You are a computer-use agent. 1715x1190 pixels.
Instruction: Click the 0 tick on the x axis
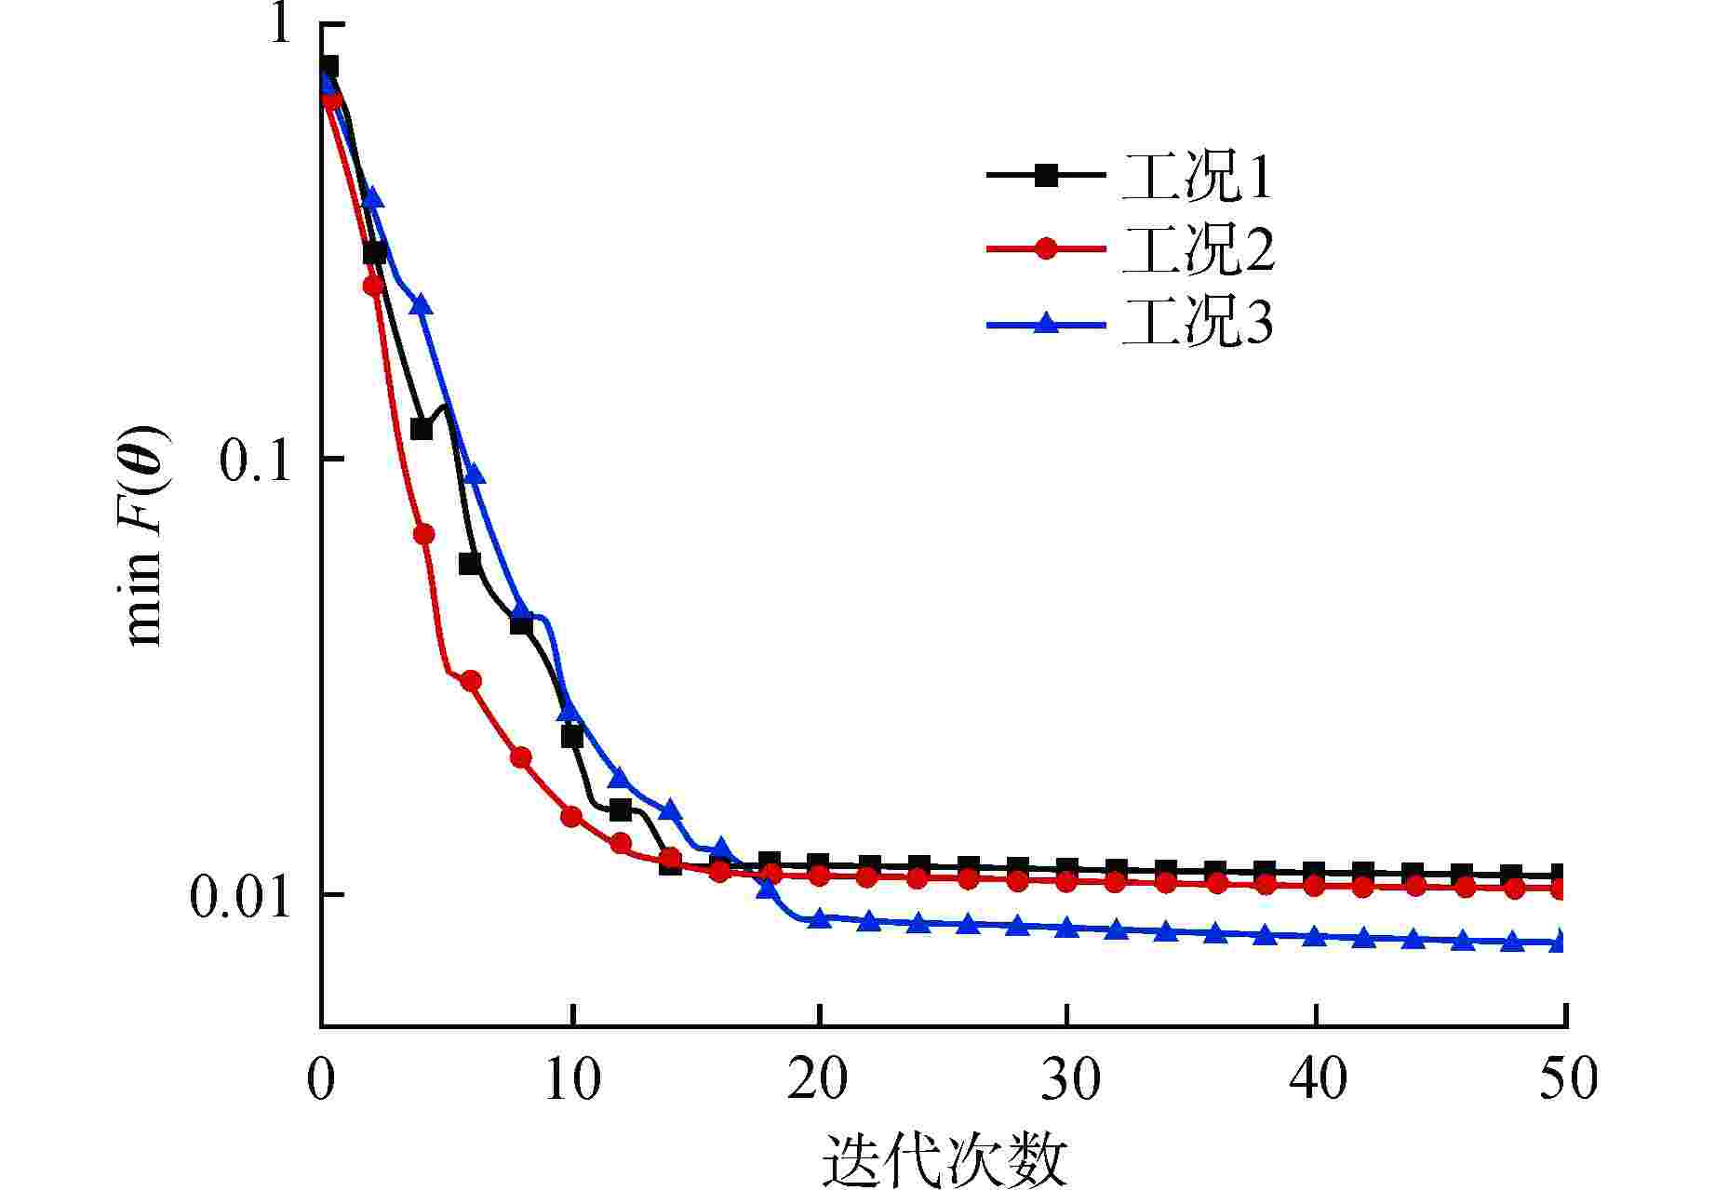coord(322,1080)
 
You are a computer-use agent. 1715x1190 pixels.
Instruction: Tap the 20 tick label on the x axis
coord(819,1080)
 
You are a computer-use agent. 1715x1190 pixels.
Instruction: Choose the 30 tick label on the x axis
coord(1067,1080)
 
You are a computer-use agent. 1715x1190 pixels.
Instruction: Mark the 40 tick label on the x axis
coord(1316,1080)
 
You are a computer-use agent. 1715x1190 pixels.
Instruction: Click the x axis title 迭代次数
coord(944,1158)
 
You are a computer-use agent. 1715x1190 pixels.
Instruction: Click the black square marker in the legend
coord(1047,175)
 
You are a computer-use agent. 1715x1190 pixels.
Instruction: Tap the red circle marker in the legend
coord(1047,249)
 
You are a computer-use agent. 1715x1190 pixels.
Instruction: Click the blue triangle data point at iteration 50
coord(1562,942)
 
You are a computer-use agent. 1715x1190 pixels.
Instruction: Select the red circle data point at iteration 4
coord(423,534)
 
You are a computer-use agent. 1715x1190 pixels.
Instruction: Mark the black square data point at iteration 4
coord(422,429)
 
